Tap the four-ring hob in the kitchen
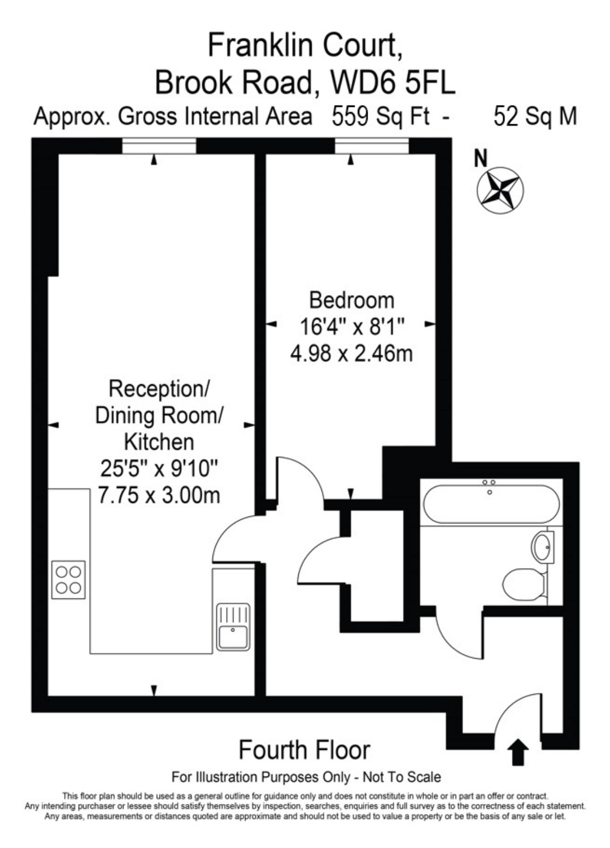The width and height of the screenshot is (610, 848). click(68, 579)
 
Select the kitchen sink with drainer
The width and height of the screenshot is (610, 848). click(233, 627)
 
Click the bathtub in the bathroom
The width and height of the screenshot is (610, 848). click(490, 503)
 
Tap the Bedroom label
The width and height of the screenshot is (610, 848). click(351, 300)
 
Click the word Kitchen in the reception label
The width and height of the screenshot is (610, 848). click(159, 442)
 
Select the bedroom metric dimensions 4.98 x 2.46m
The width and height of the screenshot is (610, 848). click(351, 354)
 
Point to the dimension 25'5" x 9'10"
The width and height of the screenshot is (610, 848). click(159, 468)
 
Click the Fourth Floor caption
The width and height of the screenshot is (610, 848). click(304, 750)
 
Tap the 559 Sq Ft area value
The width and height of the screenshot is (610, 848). click(380, 117)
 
